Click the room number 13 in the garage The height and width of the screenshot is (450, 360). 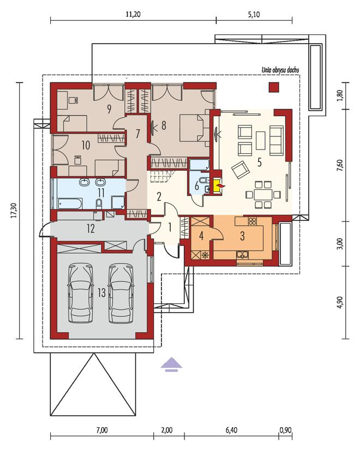[x=101, y=293]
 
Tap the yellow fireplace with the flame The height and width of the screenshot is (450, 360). [x=218, y=186]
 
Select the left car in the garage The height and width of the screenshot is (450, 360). [x=81, y=293]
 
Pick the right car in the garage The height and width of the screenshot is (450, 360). [x=121, y=293]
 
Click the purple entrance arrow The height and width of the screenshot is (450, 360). [x=171, y=364]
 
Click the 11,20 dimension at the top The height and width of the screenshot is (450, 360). [x=133, y=14]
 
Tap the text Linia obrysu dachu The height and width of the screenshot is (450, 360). [x=280, y=70]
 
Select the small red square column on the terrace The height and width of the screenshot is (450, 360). [x=274, y=87]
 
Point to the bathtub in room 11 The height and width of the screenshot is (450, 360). [x=70, y=203]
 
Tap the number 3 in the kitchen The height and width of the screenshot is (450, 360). [x=243, y=236]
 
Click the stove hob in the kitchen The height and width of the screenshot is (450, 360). [x=253, y=221]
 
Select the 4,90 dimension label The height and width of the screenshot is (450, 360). [x=340, y=302]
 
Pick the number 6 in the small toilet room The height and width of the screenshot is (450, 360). [x=197, y=185]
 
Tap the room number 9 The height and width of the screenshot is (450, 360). [x=109, y=109]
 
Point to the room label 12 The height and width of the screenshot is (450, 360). [x=91, y=229]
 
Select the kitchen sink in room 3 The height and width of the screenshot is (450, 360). [x=243, y=254]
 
